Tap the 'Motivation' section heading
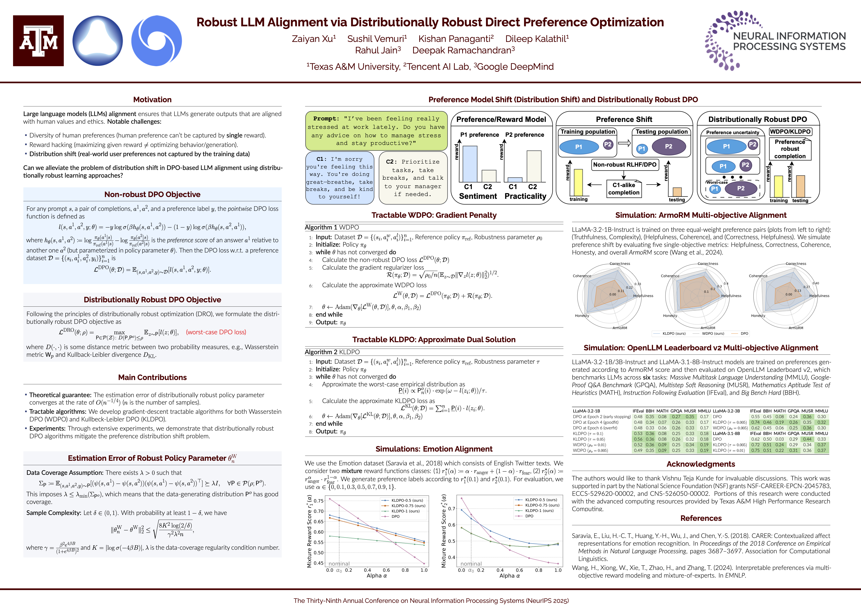tap(152, 100)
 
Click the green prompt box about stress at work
tap(376, 131)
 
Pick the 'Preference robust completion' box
tap(790, 149)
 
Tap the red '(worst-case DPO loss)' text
tap(216, 332)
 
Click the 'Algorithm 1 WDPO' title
tap(332, 227)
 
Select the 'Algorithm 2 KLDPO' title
tap(332, 352)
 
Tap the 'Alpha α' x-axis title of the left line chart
tap(377, 576)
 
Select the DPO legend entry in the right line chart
tap(529, 516)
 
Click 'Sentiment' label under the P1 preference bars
tap(478, 196)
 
